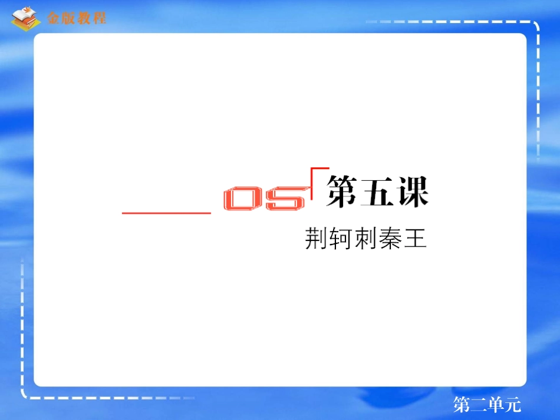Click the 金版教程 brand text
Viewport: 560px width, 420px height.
click(x=76, y=18)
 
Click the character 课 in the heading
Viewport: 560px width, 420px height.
click(x=411, y=190)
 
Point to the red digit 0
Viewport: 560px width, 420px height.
click(x=244, y=200)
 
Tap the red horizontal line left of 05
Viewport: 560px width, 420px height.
click(x=166, y=213)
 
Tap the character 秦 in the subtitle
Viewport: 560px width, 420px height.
click(x=390, y=240)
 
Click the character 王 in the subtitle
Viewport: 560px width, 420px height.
click(x=416, y=240)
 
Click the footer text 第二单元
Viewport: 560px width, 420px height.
click(x=487, y=405)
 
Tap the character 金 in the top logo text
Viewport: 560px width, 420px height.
click(x=54, y=18)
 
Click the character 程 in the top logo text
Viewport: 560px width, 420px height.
click(x=99, y=18)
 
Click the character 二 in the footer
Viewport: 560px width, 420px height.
click(x=479, y=405)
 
